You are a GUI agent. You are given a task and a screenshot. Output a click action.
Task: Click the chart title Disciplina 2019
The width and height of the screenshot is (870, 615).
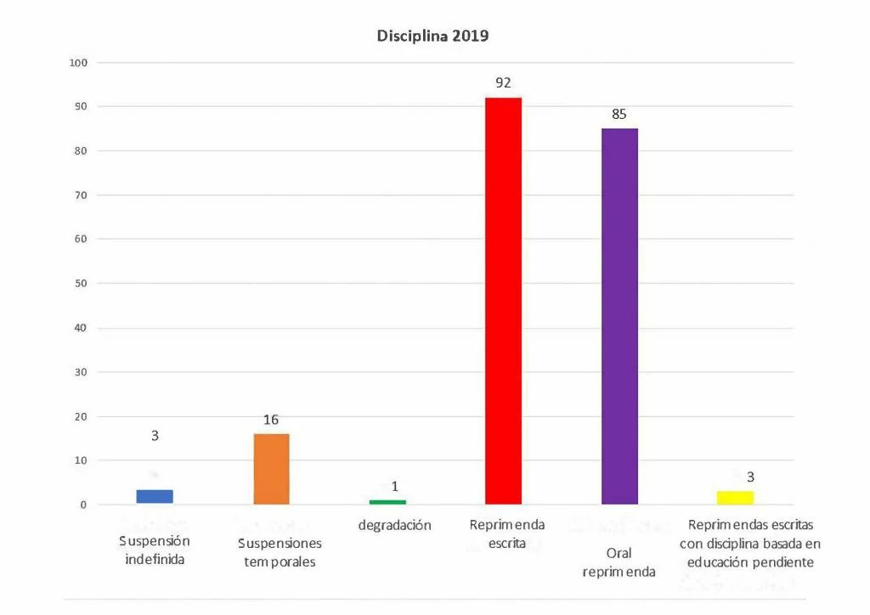click(432, 37)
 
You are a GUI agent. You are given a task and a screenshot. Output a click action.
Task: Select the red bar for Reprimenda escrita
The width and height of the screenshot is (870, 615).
click(503, 301)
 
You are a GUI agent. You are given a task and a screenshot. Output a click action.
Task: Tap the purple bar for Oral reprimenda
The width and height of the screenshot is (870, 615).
click(619, 316)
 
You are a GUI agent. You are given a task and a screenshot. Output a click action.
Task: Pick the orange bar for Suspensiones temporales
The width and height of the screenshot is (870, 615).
click(271, 469)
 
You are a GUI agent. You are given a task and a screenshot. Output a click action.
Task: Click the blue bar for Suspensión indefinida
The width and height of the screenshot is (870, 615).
click(155, 497)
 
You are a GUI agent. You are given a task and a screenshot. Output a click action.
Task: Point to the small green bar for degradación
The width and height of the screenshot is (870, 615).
click(387, 502)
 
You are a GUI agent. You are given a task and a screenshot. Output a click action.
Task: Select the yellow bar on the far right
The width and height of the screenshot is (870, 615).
click(735, 497)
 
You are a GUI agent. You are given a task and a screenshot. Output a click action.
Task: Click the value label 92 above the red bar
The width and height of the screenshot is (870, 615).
click(503, 83)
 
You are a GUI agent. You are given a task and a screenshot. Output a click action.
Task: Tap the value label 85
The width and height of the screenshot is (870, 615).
click(619, 114)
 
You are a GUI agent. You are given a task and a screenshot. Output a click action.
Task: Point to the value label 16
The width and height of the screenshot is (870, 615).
click(271, 420)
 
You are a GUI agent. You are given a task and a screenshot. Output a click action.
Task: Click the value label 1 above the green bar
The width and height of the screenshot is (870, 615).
click(395, 487)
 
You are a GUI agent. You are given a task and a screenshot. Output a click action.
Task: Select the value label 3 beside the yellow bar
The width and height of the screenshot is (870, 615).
click(750, 477)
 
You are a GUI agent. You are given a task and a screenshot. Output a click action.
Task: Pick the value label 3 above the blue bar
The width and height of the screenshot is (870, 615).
click(155, 435)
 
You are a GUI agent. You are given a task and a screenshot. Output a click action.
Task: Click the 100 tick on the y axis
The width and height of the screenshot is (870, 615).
click(78, 63)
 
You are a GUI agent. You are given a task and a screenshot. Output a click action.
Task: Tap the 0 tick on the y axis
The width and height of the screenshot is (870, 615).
click(83, 505)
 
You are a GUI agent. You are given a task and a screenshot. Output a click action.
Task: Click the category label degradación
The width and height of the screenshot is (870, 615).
click(394, 525)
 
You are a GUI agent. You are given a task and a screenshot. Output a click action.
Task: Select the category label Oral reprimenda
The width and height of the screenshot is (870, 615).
click(619, 562)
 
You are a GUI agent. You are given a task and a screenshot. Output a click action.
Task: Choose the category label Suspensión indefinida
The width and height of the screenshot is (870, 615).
click(155, 550)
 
